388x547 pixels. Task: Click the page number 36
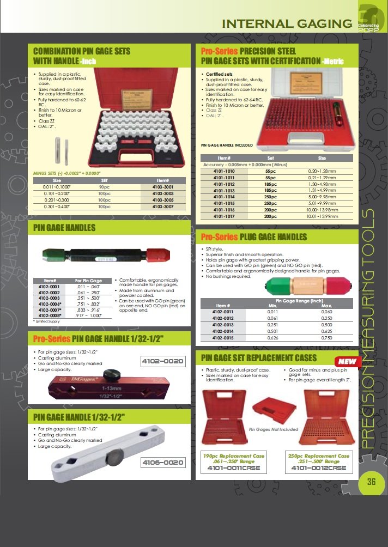click(x=372, y=481)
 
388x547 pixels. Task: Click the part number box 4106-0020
click(x=162, y=462)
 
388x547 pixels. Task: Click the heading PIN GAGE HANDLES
click(x=64, y=227)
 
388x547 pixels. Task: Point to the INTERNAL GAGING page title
click(x=287, y=23)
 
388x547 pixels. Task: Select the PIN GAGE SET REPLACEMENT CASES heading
click(x=266, y=358)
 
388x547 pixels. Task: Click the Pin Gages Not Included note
click(x=273, y=429)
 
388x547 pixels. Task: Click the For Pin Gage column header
click(x=88, y=280)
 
